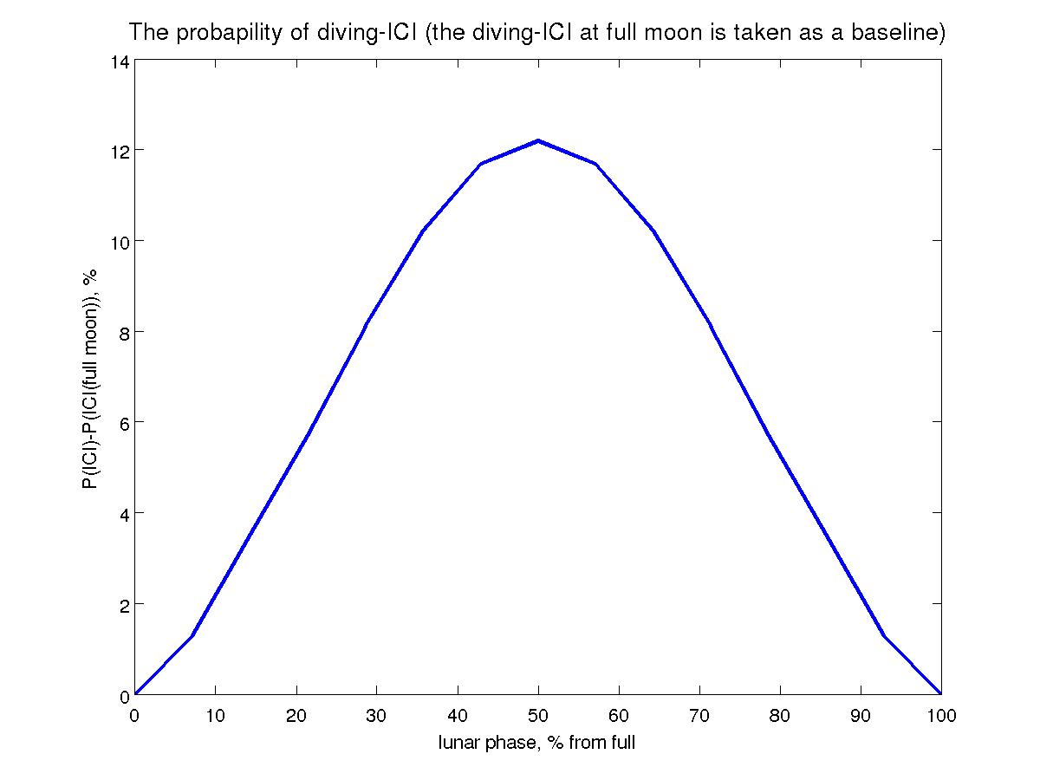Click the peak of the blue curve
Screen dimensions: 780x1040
538,140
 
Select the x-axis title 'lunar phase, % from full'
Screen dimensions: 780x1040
537,743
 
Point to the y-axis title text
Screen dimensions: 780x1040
89,379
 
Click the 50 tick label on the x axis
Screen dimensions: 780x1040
538,716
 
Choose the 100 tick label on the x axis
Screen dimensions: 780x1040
940,716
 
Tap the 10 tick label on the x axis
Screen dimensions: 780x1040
215,716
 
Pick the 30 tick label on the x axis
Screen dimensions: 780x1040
376,716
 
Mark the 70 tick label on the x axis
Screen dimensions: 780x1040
699,716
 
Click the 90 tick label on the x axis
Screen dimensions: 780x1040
861,716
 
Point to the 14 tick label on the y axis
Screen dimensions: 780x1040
119,62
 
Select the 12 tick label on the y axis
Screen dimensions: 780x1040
119,150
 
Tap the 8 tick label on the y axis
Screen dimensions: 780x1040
123,332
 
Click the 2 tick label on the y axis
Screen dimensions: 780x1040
123,604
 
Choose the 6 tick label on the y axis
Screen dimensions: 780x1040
123,422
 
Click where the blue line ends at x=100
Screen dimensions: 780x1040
940,693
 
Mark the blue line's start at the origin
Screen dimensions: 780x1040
135,693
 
